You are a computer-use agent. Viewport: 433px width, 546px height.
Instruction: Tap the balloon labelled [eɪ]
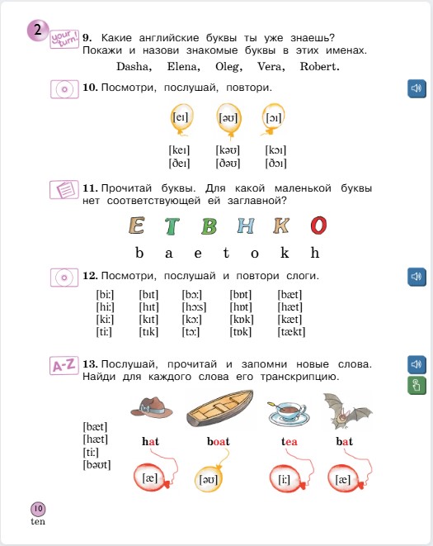(181, 117)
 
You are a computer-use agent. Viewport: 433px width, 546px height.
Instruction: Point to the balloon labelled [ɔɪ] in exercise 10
(274, 117)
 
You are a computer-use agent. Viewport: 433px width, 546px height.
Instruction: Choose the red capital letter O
(319, 225)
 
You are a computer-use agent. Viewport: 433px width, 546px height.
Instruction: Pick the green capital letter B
(209, 225)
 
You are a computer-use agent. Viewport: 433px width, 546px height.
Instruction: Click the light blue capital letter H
(246, 225)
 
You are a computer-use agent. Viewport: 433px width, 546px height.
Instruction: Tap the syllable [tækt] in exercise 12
(292, 332)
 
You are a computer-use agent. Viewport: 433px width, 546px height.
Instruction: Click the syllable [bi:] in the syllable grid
(106, 294)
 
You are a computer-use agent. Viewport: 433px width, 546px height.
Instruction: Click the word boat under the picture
(219, 442)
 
